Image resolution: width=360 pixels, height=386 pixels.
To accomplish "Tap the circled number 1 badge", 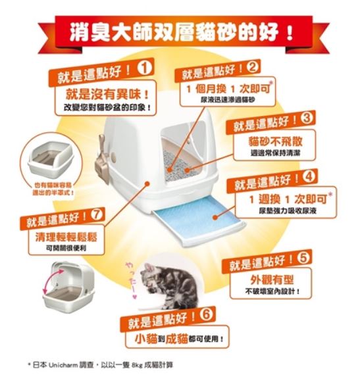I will coord(144,67).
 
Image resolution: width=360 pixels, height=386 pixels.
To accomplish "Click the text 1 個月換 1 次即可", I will coord(224,88).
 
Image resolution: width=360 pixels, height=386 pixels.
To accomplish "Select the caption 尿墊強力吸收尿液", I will coord(283,211).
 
